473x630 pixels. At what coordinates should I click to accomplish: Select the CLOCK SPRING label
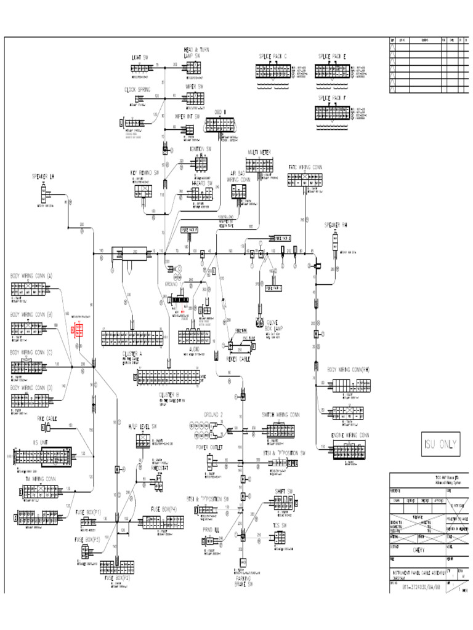(137, 90)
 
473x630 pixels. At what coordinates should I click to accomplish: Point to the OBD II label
(220, 111)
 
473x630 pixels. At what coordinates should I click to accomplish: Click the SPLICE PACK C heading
(272, 57)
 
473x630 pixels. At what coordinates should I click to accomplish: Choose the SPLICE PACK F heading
(332, 98)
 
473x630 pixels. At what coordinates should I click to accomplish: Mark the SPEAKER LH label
(44, 177)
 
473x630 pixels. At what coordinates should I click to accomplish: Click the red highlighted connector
(79, 330)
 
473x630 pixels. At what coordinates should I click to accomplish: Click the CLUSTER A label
(132, 354)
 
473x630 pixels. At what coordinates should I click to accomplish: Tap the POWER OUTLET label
(209, 447)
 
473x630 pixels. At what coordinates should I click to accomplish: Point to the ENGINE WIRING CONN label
(348, 435)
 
